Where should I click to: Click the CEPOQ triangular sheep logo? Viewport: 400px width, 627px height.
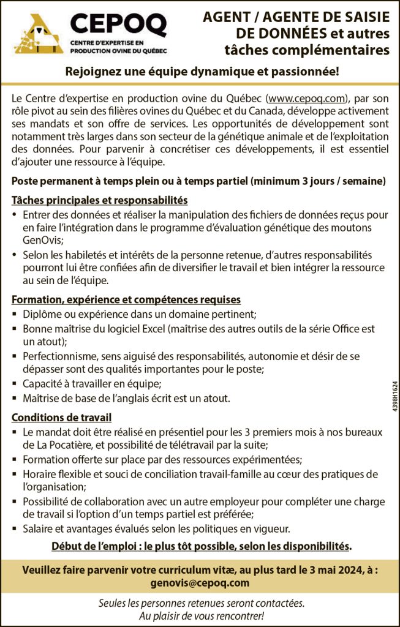[39, 34]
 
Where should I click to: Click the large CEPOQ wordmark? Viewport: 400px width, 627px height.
[118, 24]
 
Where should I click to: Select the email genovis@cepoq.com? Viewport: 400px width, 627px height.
[200, 583]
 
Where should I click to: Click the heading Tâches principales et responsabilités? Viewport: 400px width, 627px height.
[99, 200]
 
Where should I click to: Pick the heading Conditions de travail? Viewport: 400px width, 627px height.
[61, 418]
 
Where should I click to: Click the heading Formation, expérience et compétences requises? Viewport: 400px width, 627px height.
[126, 300]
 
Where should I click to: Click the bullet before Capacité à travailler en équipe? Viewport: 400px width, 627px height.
[15, 384]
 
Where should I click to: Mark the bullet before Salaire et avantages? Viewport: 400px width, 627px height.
[15, 528]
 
